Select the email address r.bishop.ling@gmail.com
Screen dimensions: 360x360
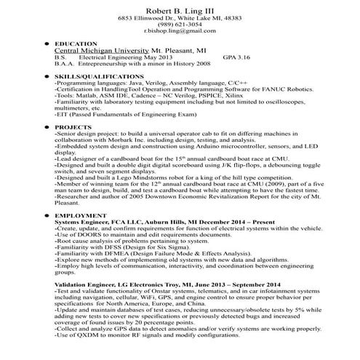coord(180,33)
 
